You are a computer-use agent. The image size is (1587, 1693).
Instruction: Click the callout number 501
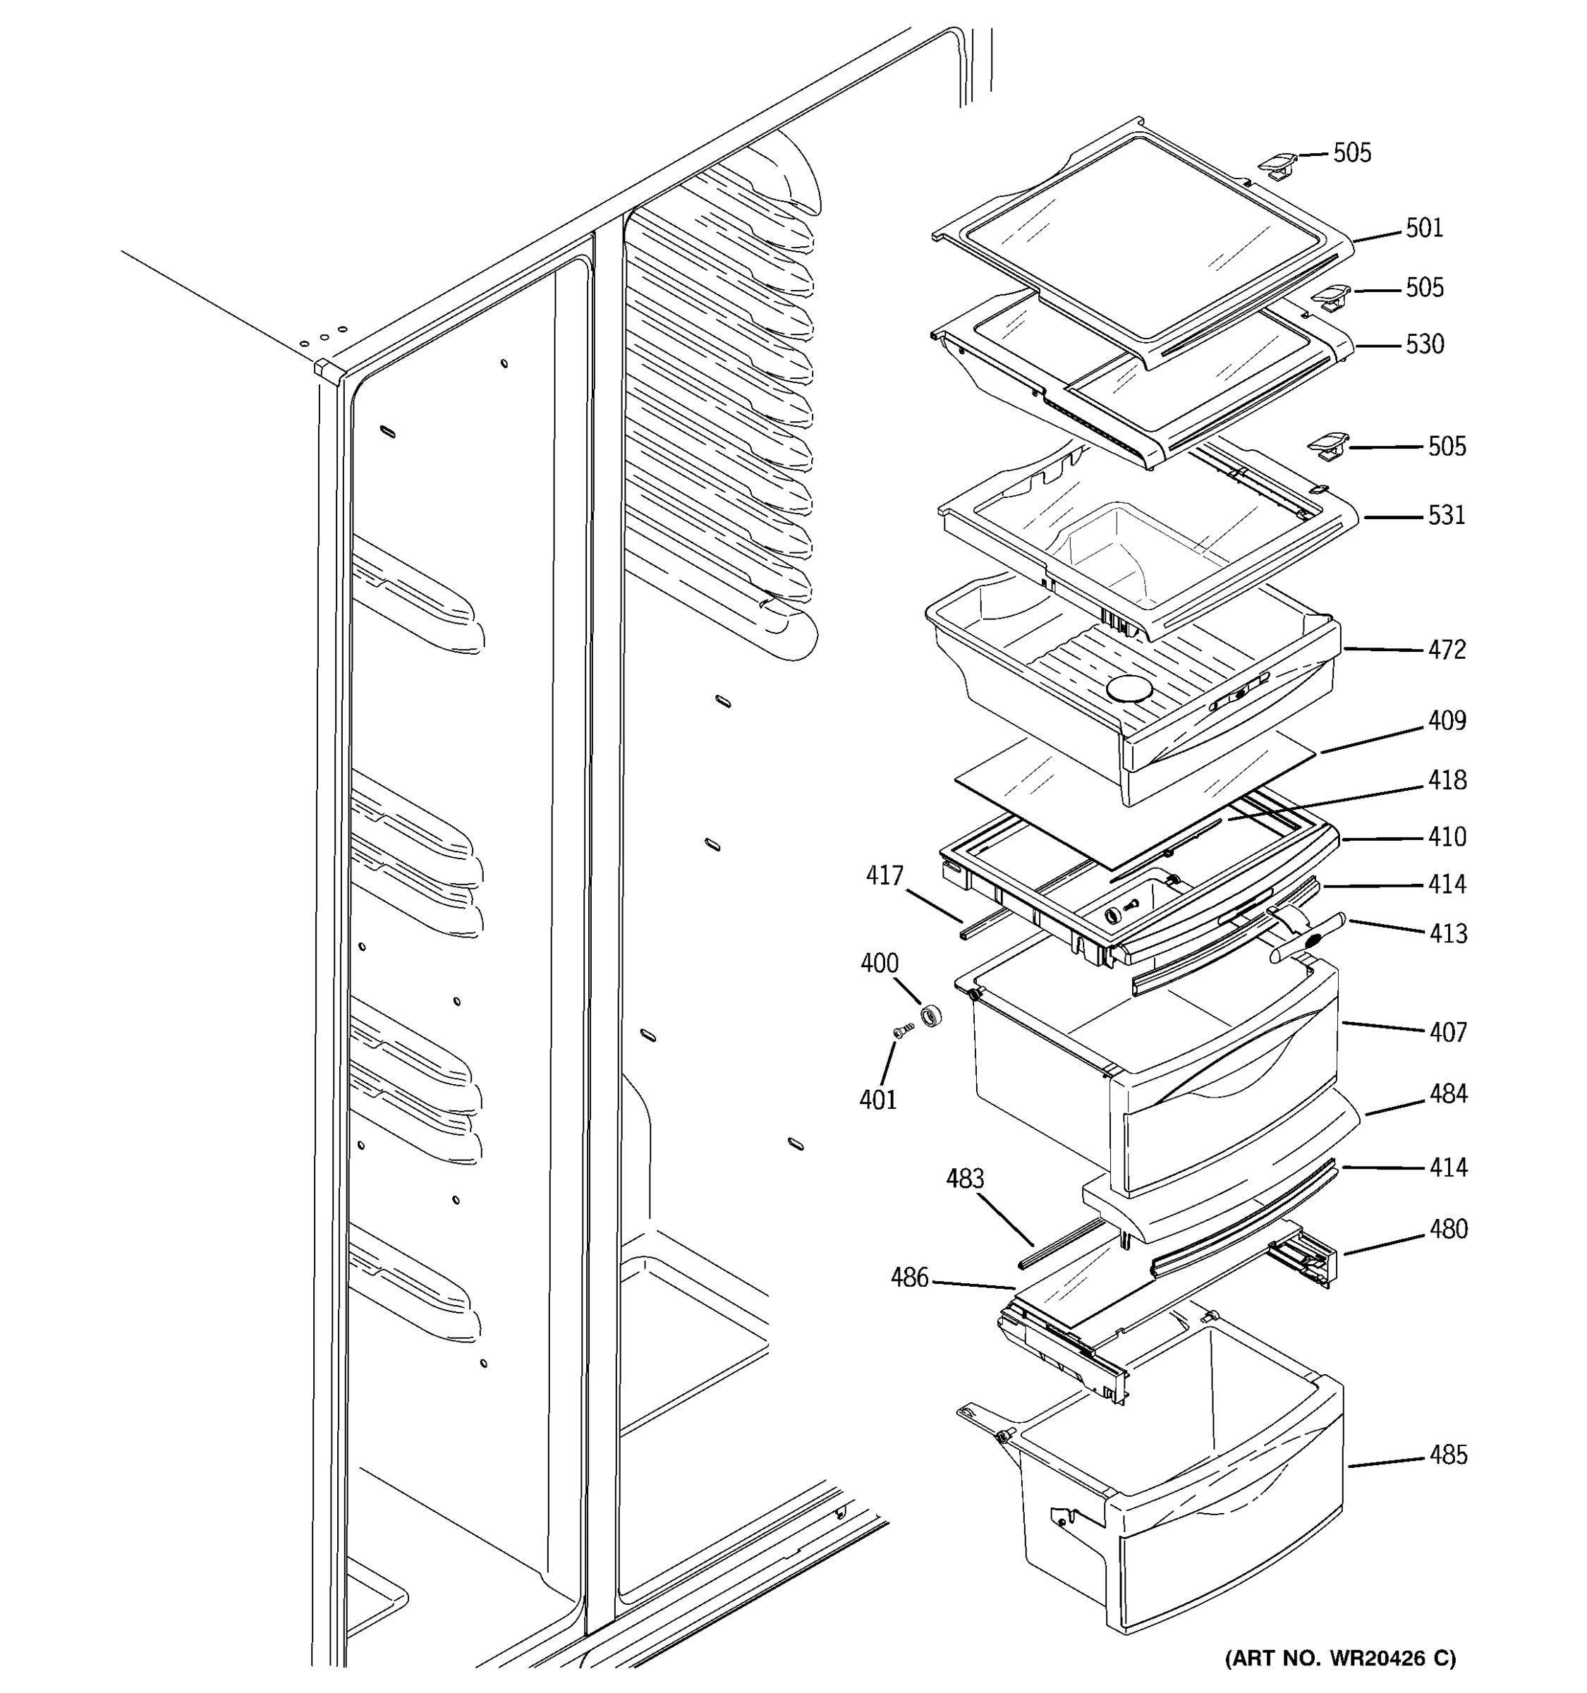(1423, 229)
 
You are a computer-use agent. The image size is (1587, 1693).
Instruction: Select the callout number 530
(1424, 345)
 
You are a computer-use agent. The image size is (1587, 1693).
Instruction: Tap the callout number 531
(1447, 515)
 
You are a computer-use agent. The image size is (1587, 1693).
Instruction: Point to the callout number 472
(1447, 650)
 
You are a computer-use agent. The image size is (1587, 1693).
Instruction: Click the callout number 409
(1447, 722)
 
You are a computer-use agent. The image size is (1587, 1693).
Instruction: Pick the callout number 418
(1447, 780)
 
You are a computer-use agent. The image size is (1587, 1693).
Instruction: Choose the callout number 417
(884, 875)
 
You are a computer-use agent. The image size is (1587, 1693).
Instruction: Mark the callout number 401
(878, 1100)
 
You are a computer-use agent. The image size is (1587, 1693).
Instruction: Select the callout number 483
(965, 1179)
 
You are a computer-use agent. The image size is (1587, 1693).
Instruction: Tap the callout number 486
(909, 1278)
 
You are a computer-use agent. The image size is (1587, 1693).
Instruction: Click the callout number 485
(1447, 1455)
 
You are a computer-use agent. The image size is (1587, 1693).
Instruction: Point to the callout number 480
(1447, 1229)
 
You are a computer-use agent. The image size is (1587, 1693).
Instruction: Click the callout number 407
(1447, 1032)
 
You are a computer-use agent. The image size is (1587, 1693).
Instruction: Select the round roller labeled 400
(932, 1016)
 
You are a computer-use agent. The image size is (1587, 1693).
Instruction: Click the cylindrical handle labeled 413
(1307, 937)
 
